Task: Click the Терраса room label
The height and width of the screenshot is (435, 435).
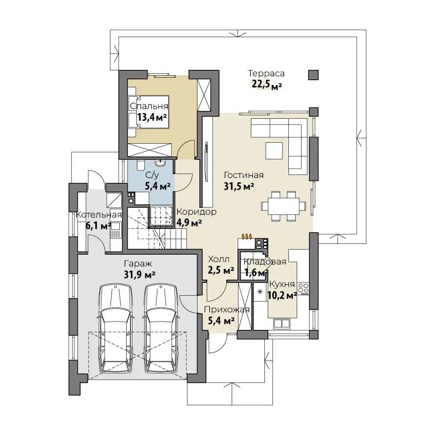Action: [x=266, y=73]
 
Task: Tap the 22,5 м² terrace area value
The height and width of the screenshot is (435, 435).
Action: [x=267, y=84]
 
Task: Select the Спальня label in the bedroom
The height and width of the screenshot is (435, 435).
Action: [x=149, y=106]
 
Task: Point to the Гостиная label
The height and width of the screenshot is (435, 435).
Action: [x=243, y=175]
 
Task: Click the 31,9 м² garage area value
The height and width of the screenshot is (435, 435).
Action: [x=140, y=275]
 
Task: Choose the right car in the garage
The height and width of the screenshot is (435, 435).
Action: [x=161, y=329]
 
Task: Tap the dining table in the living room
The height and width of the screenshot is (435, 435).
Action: [x=283, y=206]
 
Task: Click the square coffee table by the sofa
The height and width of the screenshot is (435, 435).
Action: [x=274, y=151]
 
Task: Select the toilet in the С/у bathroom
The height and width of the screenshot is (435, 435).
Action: [x=140, y=165]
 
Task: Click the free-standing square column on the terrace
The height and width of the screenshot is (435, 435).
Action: [x=313, y=75]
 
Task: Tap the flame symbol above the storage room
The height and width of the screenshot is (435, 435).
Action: [x=247, y=236]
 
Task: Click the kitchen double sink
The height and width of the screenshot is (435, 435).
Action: [x=282, y=324]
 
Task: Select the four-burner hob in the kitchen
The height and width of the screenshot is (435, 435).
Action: [x=303, y=289]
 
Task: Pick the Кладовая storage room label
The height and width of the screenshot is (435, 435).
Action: [x=265, y=261]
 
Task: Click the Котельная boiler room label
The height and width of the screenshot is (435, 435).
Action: [x=99, y=215]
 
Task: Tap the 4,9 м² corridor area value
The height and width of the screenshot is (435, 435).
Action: [x=189, y=222]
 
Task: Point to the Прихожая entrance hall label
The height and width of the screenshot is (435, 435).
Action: [x=227, y=309]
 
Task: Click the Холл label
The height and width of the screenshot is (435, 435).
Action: [x=218, y=260]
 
